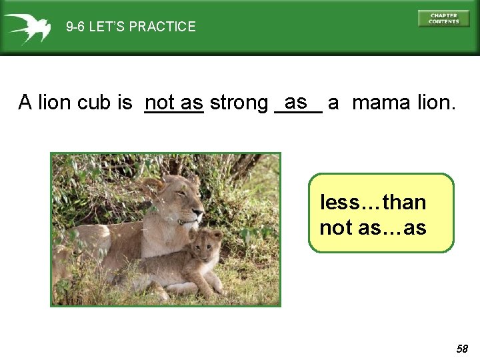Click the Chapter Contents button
coord(443,18)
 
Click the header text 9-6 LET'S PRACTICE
coord(131,27)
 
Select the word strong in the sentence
coord(238,103)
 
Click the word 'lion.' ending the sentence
coord(436,103)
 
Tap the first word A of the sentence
coord(25,103)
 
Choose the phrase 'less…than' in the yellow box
coord(373,202)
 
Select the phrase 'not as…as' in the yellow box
coord(373,228)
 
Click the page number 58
coord(462,349)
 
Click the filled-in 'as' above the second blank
coord(295,102)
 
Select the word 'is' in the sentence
coord(125,103)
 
